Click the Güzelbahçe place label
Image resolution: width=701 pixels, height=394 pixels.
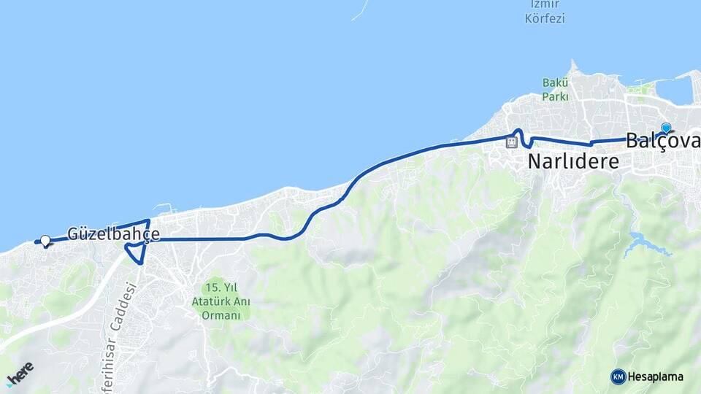113,234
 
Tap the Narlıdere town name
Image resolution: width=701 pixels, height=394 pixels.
573,161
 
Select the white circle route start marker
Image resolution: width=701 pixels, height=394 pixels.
45,240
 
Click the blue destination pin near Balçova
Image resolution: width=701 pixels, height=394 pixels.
665,128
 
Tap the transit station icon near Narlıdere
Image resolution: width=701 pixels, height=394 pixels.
512,142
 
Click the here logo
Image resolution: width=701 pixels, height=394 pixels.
20,373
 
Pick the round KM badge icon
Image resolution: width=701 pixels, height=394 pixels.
618,376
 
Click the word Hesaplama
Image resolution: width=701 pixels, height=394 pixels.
656,376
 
